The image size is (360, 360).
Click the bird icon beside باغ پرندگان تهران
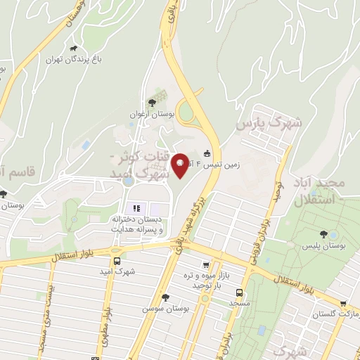pyautogui.click(x=73, y=49)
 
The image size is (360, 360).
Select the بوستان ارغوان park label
pyautogui.click(x=152, y=113)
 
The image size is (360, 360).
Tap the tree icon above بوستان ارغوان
pyautogui.click(x=152, y=103)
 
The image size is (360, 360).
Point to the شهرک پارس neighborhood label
pyautogui.click(x=269, y=124)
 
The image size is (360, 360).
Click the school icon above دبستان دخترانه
pyautogui.click(x=136, y=208)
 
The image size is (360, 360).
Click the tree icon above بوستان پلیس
pyautogui.click(x=323, y=235)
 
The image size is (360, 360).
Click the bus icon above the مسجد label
pyautogui.click(x=240, y=292)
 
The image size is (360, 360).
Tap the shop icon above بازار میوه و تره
pyautogui.click(x=205, y=265)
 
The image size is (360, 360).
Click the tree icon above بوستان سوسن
pyautogui.click(x=165, y=297)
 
